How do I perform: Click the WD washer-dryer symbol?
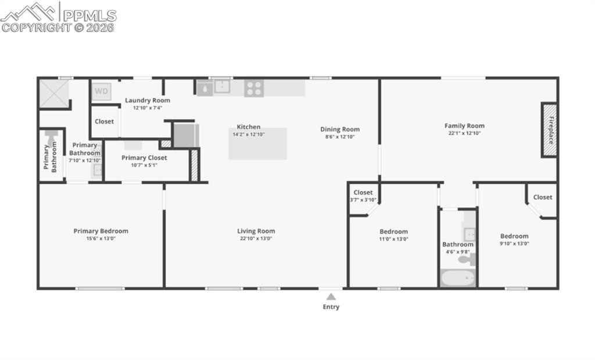coord(101,91)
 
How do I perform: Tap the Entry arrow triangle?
coord(331,297)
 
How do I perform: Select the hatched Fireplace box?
coord(550,129)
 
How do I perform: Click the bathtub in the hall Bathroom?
coord(457,278)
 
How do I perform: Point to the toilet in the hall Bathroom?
coord(466,260)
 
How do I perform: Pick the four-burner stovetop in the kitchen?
coord(254,88)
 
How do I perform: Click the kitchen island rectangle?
coord(257,144)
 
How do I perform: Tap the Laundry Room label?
coord(148,100)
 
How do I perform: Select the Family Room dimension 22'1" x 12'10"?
coord(464,133)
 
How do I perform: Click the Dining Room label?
coord(340,129)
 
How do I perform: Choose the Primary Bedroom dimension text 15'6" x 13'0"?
coord(101,239)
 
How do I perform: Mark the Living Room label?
coord(256,231)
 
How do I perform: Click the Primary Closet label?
coord(144,158)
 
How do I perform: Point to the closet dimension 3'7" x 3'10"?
coord(363,200)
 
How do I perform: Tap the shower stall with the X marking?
coord(53,93)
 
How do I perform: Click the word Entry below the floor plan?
coord(331,307)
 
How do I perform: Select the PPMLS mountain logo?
coord(29,12)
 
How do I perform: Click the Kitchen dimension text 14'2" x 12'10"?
coord(248,134)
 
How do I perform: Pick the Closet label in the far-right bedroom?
coord(543,197)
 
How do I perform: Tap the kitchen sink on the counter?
coord(222,87)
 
